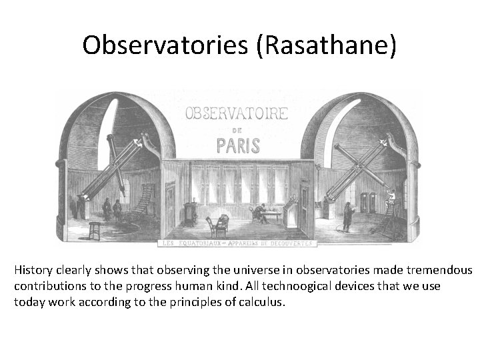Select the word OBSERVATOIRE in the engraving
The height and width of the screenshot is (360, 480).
[237, 113]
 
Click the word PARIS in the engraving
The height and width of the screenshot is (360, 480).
[237, 145]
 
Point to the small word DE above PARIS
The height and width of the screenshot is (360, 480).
[237, 129]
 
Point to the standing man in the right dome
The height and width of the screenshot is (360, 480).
[347, 215]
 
